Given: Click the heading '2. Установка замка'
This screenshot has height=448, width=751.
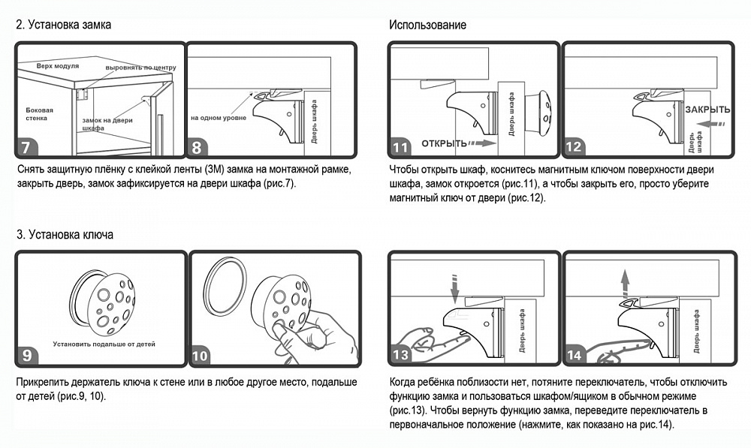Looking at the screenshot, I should pyautogui.click(x=64, y=25).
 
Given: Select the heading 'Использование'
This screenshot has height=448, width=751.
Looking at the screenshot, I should pyautogui.click(x=427, y=25).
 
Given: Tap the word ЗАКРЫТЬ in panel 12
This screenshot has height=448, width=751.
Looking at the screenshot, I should pyautogui.click(x=705, y=110).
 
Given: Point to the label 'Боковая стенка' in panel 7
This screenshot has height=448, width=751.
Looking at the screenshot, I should pyautogui.click(x=38, y=113).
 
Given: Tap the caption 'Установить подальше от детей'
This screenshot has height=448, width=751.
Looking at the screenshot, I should pyautogui.click(x=104, y=344).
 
